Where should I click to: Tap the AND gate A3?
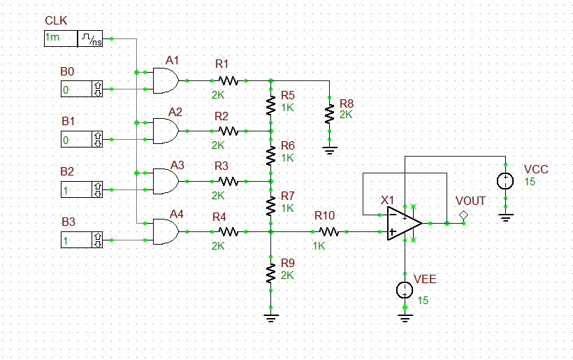pyautogui.click(x=166, y=181)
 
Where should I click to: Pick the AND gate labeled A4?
pyautogui.click(x=166, y=231)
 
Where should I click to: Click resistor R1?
pyautogui.click(x=228, y=81)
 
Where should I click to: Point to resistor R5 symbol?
pyautogui.click(x=271, y=106)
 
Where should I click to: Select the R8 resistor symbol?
pyautogui.click(x=329, y=113)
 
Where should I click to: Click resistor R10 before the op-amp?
pyautogui.click(x=328, y=231)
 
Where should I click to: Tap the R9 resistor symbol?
pyautogui.click(x=271, y=273)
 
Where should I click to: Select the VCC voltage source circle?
pyautogui.click(x=505, y=181)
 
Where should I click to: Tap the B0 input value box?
pyautogui.click(x=75, y=89)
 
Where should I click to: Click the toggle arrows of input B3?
pyautogui.click(x=97, y=240)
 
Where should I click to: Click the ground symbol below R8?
pyautogui.click(x=329, y=148)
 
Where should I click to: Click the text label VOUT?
pyautogui.click(x=470, y=201)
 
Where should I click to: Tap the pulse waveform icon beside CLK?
pyautogui.click(x=90, y=39)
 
